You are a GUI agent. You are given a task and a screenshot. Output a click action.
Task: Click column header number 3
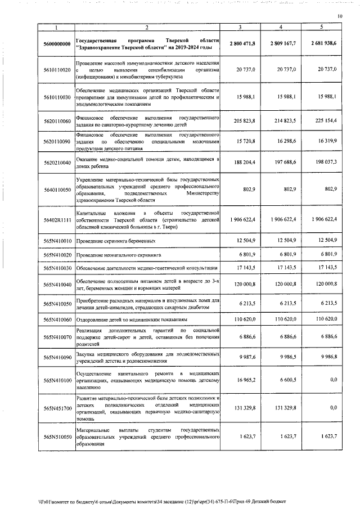click(x=240, y=27)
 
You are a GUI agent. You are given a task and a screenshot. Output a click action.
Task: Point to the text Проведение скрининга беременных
click(x=116, y=241)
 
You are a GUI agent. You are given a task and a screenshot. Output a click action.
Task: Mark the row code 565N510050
click(x=56, y=436)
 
